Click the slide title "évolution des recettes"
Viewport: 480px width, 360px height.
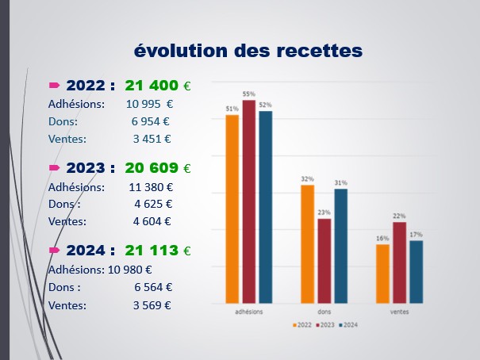(248, 50)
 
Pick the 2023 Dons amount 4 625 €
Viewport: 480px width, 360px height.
(152, 204)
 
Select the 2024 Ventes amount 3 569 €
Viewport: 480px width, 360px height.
(152, 304)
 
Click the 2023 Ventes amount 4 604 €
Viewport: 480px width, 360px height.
(152, 221)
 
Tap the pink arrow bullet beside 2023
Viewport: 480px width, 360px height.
(55, 168)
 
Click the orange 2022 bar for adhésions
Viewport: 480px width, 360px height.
(232, 209)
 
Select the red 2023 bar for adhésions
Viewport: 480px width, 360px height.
(249, 201)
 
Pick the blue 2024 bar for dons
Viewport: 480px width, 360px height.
(341, 246)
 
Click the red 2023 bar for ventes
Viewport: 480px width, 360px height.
(399, 262)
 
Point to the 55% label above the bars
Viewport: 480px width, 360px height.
(249, 94)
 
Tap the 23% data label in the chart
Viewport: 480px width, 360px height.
(324, 213)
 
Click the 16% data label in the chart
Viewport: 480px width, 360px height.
(382, 238)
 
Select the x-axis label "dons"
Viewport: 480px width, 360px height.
(324, 312)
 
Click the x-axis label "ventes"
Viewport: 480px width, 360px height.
(399, 312)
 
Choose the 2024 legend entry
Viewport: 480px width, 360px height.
(350, 325)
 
